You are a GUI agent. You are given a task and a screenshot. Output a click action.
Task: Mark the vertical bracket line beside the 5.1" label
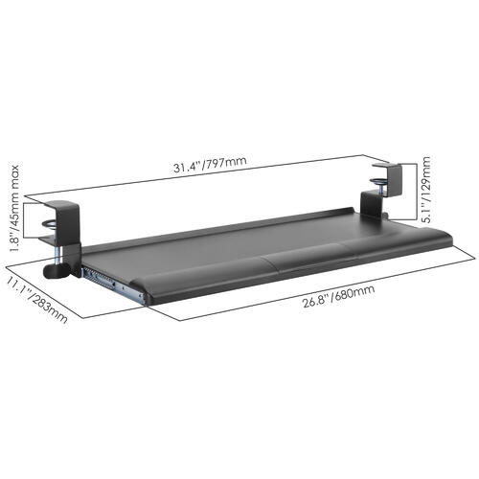point(414,192)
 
